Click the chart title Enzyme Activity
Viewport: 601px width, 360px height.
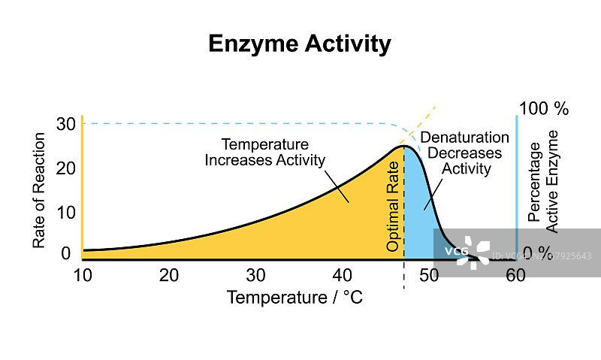tap(300, 44)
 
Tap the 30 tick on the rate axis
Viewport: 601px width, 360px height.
tap(66, 123)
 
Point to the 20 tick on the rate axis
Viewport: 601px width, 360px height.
tap(66, 168)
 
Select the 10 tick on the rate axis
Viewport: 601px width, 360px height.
tap(66, 212)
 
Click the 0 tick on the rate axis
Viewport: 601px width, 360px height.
tap(66, 253)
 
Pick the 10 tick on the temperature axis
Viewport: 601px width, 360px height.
tap(83, 276)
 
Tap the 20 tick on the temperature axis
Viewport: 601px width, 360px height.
tap(169, 276)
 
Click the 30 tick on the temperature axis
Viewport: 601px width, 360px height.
tap(256, 276)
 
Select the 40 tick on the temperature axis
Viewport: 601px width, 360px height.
tap(343, 276)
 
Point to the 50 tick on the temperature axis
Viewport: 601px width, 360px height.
tap(428, 276)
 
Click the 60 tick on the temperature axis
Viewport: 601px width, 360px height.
tap(515, 276)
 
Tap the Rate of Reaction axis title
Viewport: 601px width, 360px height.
tap(39, 191)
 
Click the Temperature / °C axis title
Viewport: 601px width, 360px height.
tap(294, 298)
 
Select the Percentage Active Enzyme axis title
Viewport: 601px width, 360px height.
tap(543, 180)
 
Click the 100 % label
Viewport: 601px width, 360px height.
tap(544, 108)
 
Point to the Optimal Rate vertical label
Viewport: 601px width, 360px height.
tap(393, 205)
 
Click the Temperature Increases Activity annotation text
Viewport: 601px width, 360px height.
tap(265, 152)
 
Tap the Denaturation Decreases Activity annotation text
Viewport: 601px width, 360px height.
tap(465, 153)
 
